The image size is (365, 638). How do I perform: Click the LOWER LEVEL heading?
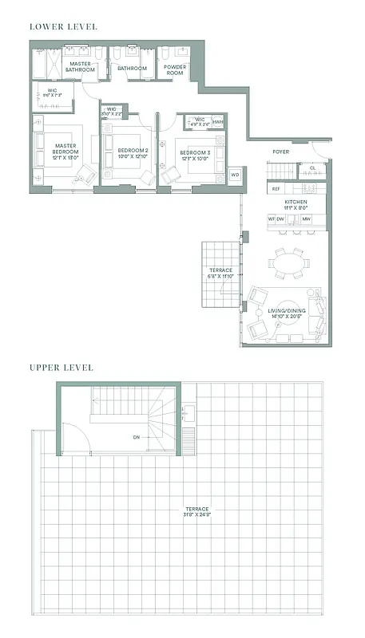(x=63, y=26)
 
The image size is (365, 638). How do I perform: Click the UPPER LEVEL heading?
(x=61, y=368)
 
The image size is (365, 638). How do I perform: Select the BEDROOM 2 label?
(x=133, y=150)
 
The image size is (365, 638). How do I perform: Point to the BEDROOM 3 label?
(x=194, y=152)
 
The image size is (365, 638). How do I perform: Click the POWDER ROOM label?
(x=175, y=69)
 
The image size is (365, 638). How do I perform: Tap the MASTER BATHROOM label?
(x=81, y=66)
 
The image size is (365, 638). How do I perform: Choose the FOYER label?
(x=280, y=152)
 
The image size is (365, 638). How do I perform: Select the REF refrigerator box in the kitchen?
(x=276, y=189)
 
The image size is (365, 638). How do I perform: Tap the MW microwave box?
(x=306, y=219)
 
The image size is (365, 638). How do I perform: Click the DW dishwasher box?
(x=281, y=219)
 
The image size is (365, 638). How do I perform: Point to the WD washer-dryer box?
(x=235, y=175)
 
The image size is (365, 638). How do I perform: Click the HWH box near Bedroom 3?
(x=218, y=122)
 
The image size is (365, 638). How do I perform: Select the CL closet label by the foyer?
(x=312, y=168)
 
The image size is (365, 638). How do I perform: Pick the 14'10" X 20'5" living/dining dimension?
(x=288, y=316)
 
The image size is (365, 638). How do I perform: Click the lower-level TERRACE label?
(x=220, y=270)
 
